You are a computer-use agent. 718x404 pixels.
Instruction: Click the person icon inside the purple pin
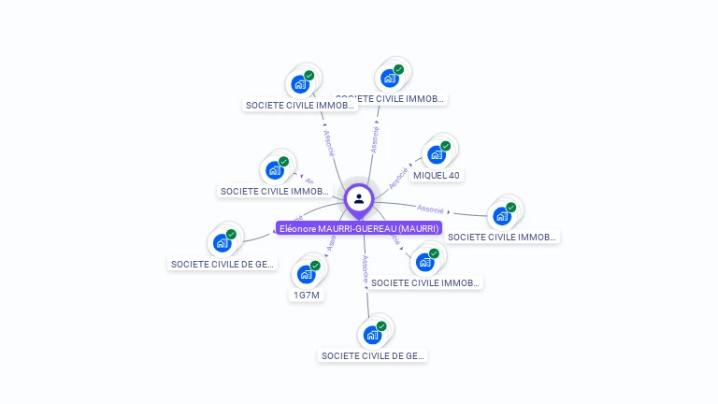click(359, 198)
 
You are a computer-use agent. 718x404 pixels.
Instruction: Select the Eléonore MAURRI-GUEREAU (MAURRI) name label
click(359, 228)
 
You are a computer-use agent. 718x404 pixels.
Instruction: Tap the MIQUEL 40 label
click(437, 175)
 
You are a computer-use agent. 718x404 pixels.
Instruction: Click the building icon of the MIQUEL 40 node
click(436, 154)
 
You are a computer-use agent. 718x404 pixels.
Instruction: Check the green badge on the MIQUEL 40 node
click(446, 146)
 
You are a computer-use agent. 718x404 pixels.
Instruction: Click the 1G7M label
click(307, 296)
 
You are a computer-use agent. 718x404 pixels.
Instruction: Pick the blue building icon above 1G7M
click(306, 274)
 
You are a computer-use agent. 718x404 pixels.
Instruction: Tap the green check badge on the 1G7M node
click(316, 266)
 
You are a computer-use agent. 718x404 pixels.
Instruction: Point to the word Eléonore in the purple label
click(297, 228)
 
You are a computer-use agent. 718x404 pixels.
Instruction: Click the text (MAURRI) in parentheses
click(419, 228)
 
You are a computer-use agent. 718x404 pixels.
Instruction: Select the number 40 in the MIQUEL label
click(453, 175)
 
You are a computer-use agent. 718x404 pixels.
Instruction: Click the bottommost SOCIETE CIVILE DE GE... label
click(373, 355)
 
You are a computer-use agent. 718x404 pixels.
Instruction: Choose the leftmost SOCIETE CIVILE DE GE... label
click(223, 264)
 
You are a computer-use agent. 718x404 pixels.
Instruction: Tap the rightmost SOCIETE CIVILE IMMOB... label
click(502, 237)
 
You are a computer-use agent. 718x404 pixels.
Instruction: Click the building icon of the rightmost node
click(502, 216)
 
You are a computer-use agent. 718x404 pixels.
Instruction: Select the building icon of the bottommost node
click(372, 335)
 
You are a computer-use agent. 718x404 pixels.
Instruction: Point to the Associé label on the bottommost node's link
click(366, 269)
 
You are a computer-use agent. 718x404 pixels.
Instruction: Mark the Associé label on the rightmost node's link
click(431, 209)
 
